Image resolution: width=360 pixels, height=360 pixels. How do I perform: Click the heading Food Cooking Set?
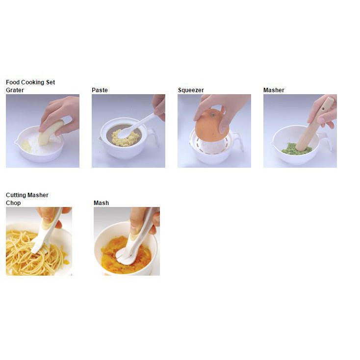pyautogui.click(x=30, y=82)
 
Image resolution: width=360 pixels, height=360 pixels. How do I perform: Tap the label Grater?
pyautogui.click(x=15, y=90)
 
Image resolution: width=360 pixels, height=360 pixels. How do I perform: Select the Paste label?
pyautogui.click(x=100, y=90)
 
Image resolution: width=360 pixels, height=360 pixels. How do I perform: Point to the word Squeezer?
pyautogui.click(x=191, y=90)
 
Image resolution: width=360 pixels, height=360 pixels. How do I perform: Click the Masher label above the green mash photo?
pyautogui.click(x=274, y=90)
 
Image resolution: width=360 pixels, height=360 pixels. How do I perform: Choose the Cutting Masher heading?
pyautogui.click(x=27, y=195)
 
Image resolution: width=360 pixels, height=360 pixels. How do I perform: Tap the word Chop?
pyautogui.click(x=13, y=203)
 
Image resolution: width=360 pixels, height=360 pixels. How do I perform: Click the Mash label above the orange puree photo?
pyautogui.click(x=101, y=203)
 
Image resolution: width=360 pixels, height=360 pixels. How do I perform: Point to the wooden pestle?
pyautogui.click(x=314, y=124)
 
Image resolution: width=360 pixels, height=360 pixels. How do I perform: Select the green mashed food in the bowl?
pyautogui.click(x=296, y=149)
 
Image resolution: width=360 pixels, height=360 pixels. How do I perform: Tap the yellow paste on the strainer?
pyautogui.click(x=126, y=138)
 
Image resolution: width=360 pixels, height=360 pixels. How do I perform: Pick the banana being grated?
pyautogui.click(x=50, y=132)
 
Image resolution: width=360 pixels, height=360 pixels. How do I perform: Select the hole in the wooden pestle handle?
pyautogui.click(x=324, y=109)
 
